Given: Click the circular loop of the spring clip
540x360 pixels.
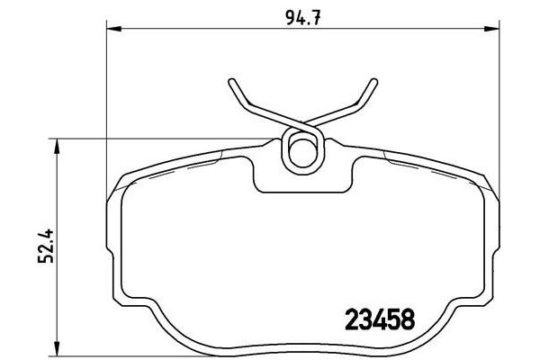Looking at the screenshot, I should point(301,149).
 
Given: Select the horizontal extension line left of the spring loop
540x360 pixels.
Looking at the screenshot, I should point(171,139).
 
